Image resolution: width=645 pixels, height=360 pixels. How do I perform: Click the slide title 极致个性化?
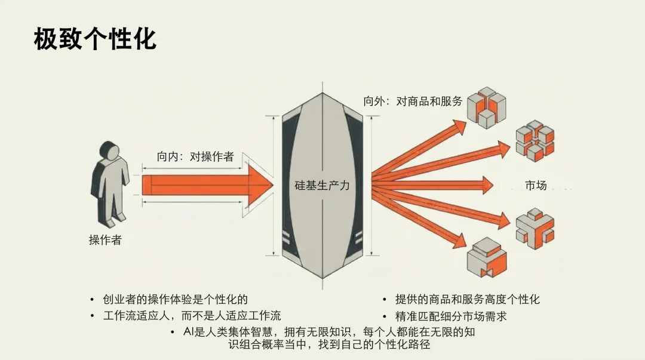[x=95, y=39]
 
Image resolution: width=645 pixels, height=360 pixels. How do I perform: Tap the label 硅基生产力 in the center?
[x=322, y=185]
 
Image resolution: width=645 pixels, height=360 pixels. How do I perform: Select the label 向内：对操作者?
[x=195, y=156]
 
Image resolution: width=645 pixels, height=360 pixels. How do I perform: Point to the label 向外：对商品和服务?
[x=413, y=101]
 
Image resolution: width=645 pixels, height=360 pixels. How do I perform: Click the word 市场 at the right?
[x=536, y=185]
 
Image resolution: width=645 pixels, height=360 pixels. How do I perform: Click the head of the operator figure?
[x=110, y=151]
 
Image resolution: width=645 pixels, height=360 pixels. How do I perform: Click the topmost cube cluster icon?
[x=486, y=106]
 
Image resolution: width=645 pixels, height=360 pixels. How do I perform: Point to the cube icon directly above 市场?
[x=535, y=140]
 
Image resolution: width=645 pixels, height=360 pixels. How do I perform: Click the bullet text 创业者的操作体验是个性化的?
[x=175, y=299]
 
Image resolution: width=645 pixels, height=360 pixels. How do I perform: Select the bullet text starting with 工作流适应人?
[x=192, y=315]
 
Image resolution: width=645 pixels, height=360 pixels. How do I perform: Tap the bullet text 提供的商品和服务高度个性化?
[x=467, y=299]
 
